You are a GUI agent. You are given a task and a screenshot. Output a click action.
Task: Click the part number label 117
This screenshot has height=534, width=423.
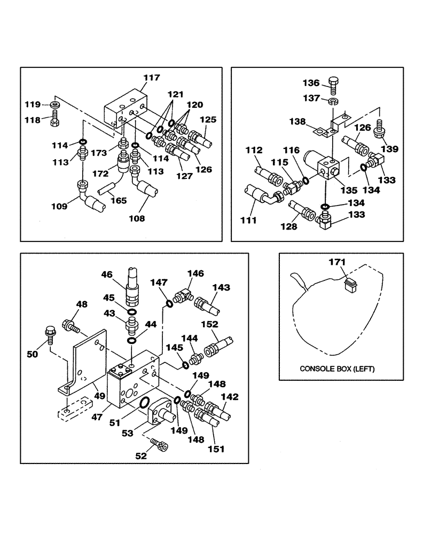pyautogui.click(x=151, y=78)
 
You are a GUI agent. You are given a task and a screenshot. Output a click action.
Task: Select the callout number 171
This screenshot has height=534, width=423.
pyautogui.click(x=337, y=262)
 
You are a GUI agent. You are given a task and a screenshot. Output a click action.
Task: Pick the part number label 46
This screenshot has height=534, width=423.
pyautogui.click(x=107, y=274)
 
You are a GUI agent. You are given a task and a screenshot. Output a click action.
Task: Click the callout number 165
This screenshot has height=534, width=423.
pyautogui.click(x=119, y=201)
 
